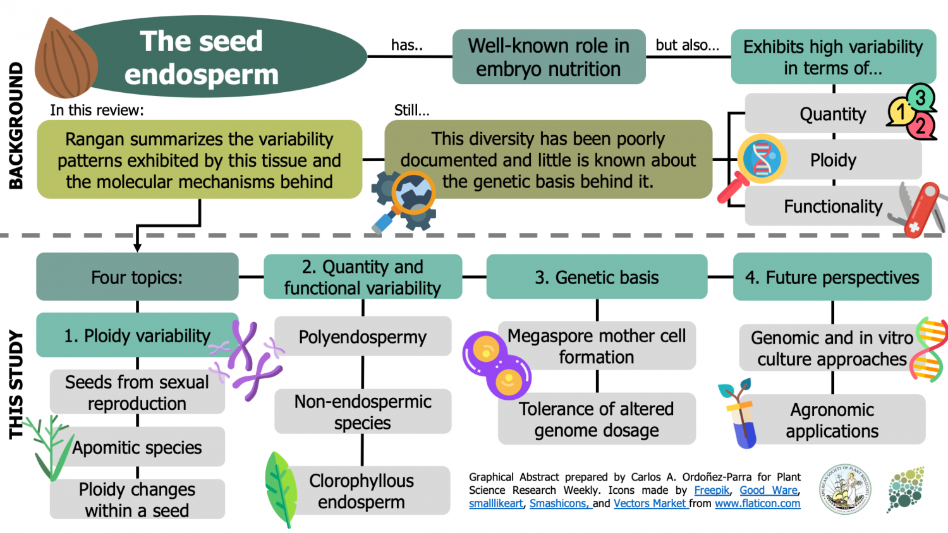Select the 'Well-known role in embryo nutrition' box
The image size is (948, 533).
[549, 57]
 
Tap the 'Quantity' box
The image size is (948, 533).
[822, 114]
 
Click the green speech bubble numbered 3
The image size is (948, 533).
[920, 97]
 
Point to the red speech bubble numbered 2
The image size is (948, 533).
[920, 126]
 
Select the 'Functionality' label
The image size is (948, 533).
[832, 207]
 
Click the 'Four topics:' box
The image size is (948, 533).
[137, 277]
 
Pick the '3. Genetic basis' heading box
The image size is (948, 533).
[597, 277]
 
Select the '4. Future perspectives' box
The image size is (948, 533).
[832, 277]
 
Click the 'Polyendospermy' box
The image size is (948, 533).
[363, 337]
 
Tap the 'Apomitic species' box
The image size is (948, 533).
[137, 447]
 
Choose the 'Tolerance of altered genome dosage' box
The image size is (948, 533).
[597, 419]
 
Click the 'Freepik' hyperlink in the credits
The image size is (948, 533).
[712, 490]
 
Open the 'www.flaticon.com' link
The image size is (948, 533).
[757, 503]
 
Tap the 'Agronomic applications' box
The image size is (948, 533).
[832, 420]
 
